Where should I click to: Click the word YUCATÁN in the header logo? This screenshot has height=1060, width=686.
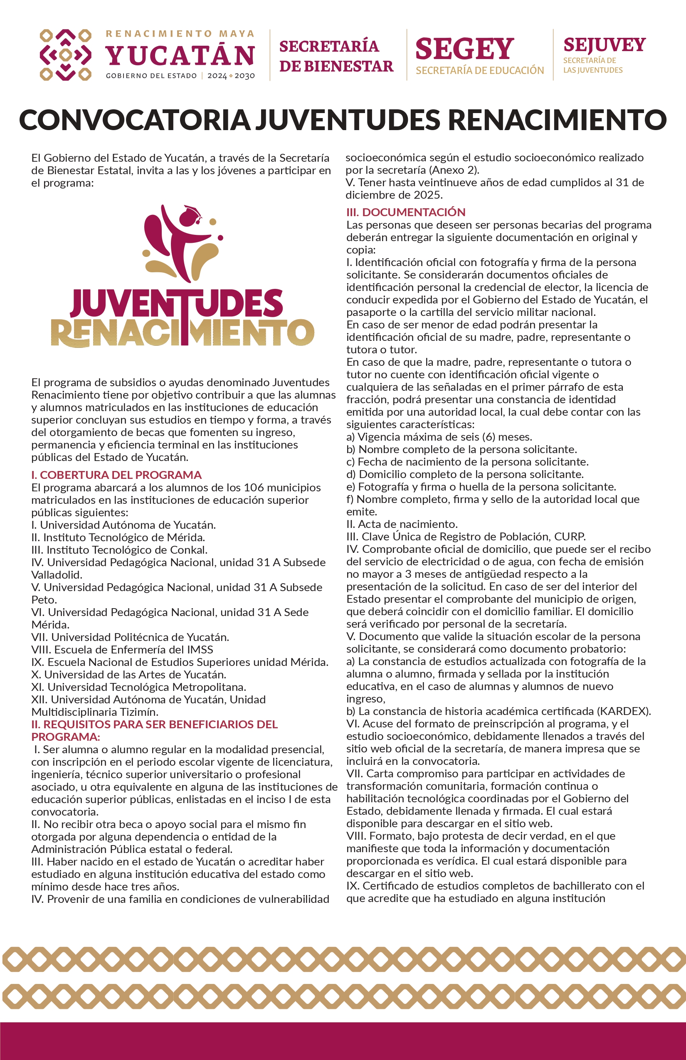pyautogui.click(x=180, y=55)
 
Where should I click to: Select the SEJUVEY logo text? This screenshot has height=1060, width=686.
pyautogui.click(x=604, y=44)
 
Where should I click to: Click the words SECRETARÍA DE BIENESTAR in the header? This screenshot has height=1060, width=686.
pyautogui.click(x=336, y=56)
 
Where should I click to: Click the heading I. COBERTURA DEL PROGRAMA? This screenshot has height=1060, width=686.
pyautogui.click(x=116, y=475)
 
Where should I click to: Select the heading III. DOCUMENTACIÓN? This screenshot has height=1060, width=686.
pyautogui.click(x=405, y=212)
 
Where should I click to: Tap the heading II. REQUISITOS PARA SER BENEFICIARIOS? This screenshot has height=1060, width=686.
pyautogui.click(x=154, y=724)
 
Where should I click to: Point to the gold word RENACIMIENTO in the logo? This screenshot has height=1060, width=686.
pyautogui.click(x=182, y=332)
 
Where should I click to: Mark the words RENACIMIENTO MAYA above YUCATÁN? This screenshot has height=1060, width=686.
pyautogui.click(x=180, y=34)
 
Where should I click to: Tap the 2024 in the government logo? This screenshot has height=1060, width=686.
pyautogui.click(x=217, y=76)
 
